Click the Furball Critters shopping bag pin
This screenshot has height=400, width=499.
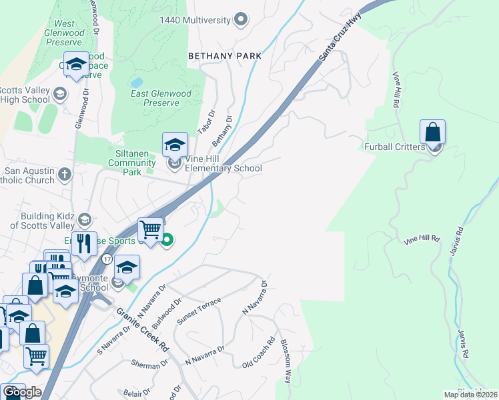(x=433, y=133)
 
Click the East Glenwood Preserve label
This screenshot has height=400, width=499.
(x=161, y=98)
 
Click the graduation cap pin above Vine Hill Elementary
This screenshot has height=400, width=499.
(x=175, y=144)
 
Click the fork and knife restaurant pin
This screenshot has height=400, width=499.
(x=84, y=243)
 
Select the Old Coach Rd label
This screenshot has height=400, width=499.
(x=259, y=353)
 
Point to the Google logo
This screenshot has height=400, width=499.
(x=22, y=392)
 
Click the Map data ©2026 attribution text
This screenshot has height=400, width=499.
(x=471, y=395)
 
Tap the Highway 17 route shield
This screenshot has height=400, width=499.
(x=107, y=258)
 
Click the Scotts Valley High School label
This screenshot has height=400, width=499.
(x=25, y=95)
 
